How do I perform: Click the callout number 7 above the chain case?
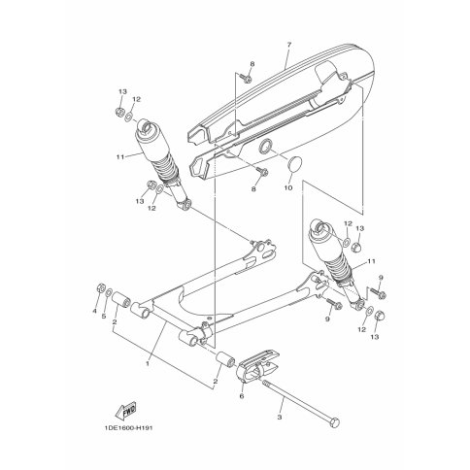click(289, 45)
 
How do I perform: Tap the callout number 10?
click(288, 187)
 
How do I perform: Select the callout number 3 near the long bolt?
click(280, 418)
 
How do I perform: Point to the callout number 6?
click(242, 396)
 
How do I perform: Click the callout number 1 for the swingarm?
click(148, 363)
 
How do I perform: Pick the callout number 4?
click(94, 311)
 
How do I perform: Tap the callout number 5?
click(104, 317)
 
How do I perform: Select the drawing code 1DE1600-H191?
click(128, 428)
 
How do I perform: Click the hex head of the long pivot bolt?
click(335, 423)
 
